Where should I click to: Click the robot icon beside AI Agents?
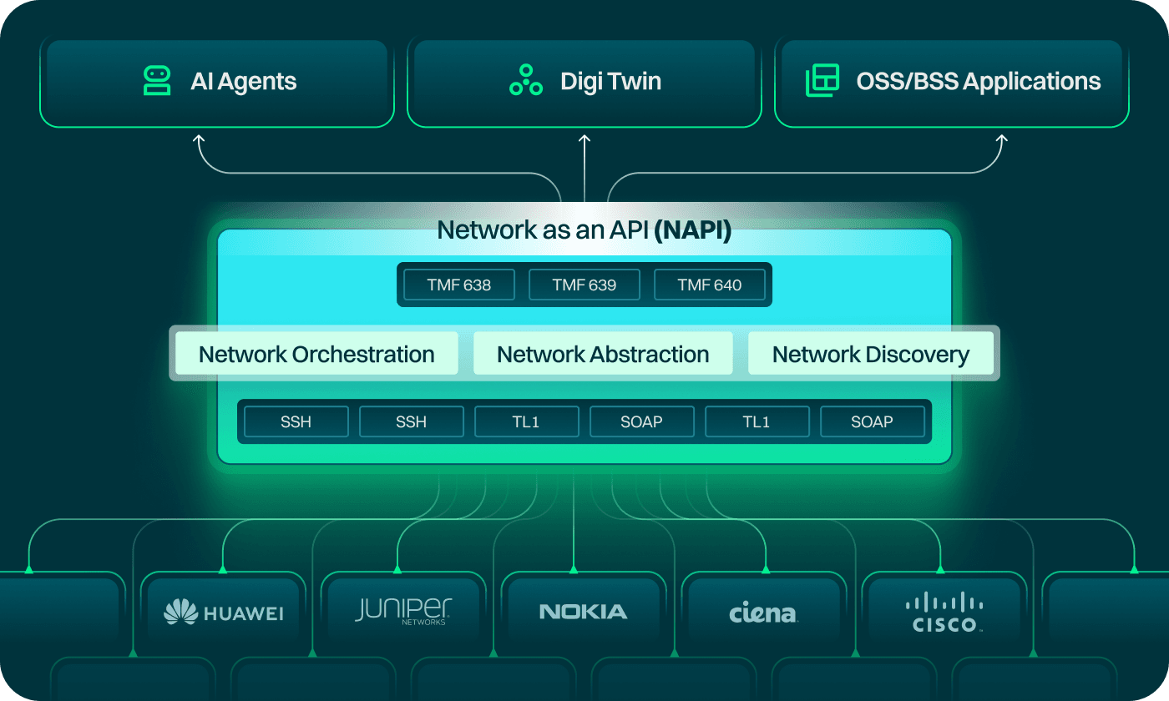tap(157, 81)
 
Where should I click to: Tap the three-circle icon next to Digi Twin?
tap(526, 81)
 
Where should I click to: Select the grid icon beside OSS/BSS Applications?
tap(822, 81)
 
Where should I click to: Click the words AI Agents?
tap(243, 82)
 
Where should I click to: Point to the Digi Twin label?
tap(610, 82)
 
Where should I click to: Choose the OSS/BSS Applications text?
tap(978, 82)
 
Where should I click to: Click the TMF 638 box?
tap(458, 285)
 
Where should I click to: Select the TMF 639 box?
tap(584, 285)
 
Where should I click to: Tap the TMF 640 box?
tap(709, 285)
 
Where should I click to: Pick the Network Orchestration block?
tap(316, 354)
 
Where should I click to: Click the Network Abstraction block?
tap(603, 354)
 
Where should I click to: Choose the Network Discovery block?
tap(870, 354)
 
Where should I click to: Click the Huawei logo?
tap(223, 613)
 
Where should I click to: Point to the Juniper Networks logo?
tap(403, 611)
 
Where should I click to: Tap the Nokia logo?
tap(583, 612)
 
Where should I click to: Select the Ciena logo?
tap(763, 614)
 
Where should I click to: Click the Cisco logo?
tap(944, 613)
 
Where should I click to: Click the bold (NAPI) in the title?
tap(692, 230)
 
